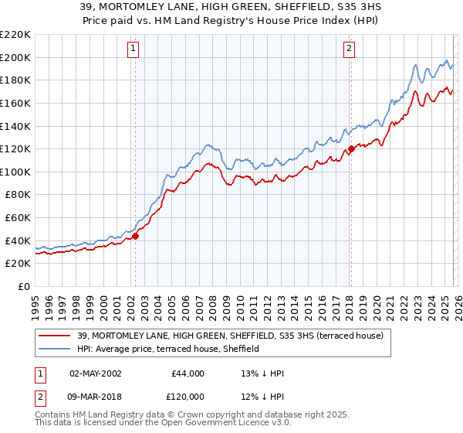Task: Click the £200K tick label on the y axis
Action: tap(15, 57)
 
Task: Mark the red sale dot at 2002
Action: tap(135, 237)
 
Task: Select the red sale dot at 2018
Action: tap(351, 148)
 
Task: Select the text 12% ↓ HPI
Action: tap(262, 396)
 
